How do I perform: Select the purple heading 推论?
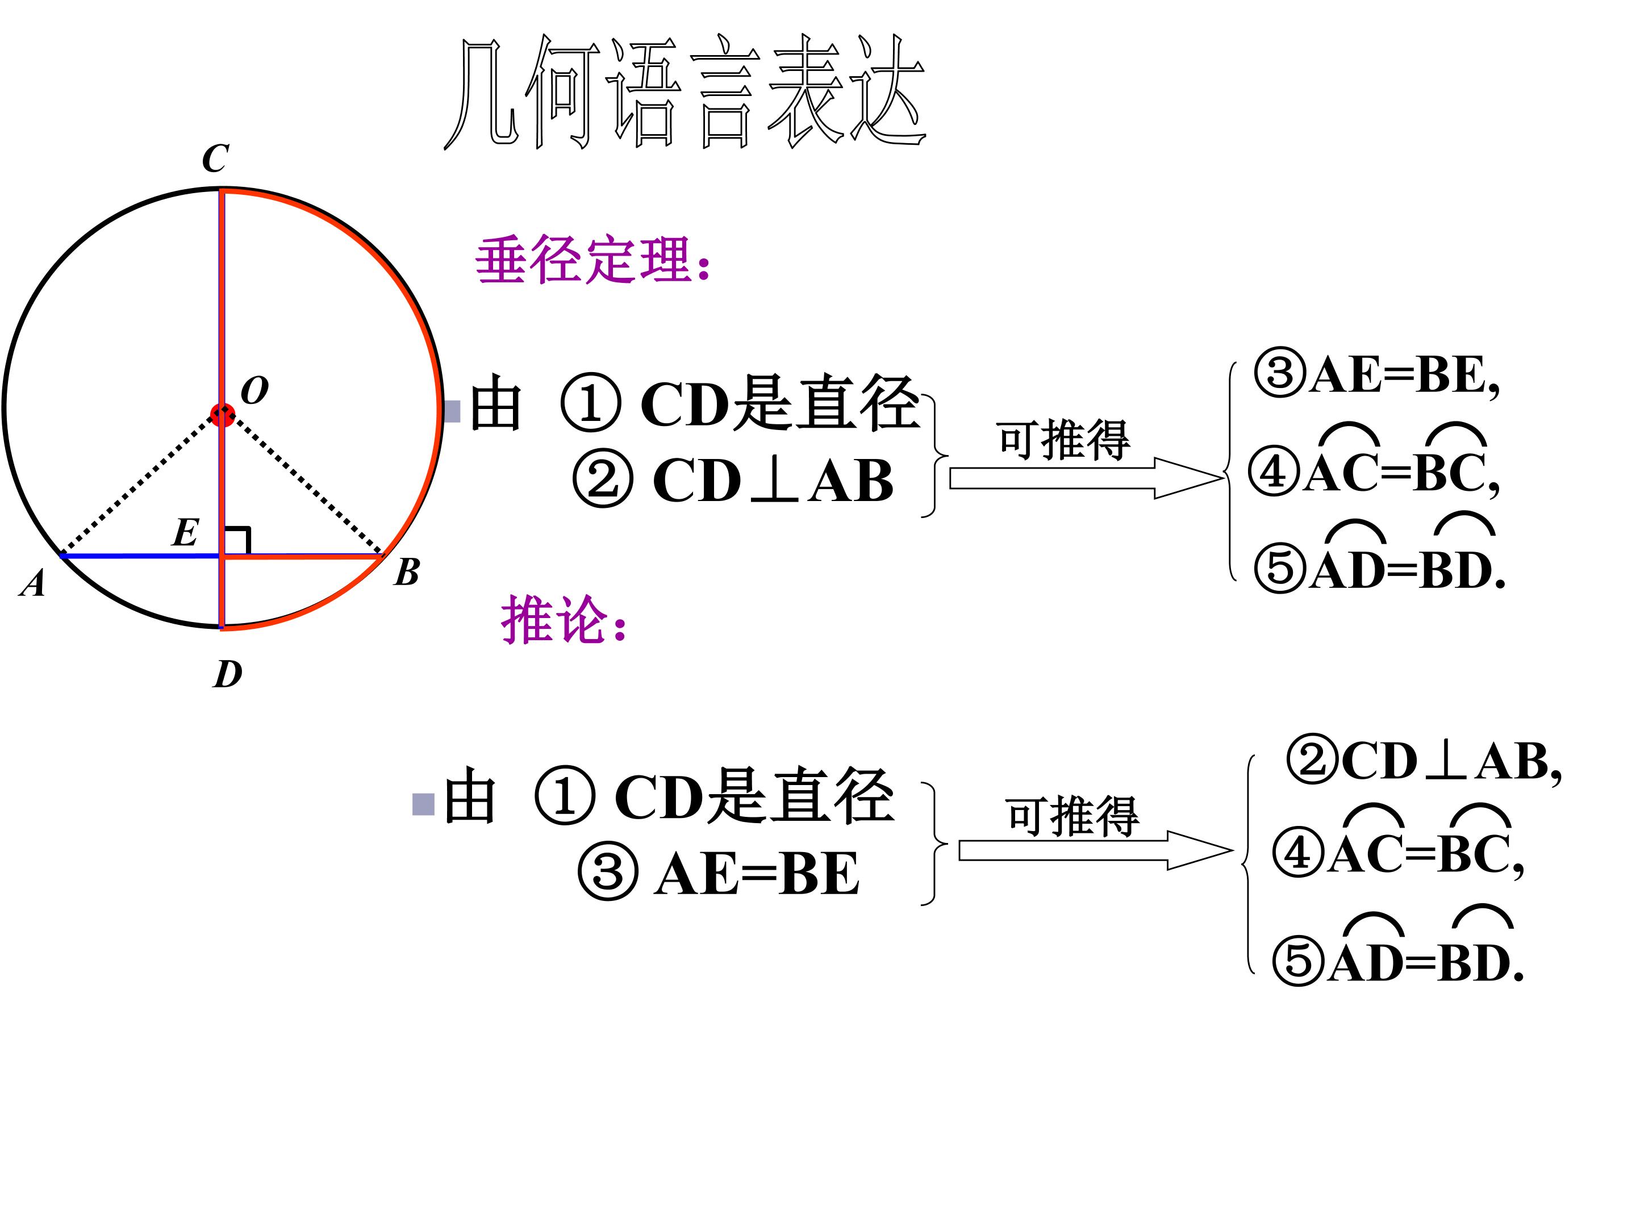pyautogui.click(x=564, y=620)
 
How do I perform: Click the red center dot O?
pyautogui.click(x=222, y=414)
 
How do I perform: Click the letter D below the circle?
pyautogui.click(x=228, y=674)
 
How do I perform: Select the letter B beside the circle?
pyautogui.click(x=407, y=571)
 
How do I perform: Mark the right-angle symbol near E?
pyautogui.click(x=237, y=541)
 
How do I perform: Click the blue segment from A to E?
pyautogui.click(x=140, y=554)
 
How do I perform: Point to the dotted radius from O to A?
pyautogui.click(x=140, y=485)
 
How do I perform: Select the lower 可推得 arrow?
pyautogui.click(x=1095, y=850)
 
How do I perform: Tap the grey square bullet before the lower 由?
pyautogui.click(x=423, y=804)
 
